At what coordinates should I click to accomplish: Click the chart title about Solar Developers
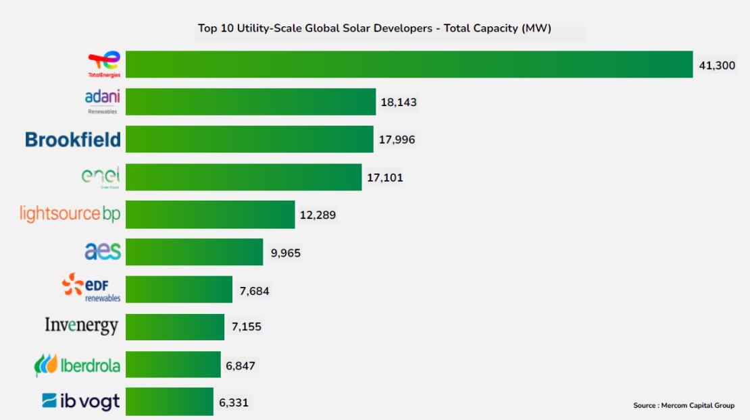375,28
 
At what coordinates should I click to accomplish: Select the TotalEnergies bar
409,64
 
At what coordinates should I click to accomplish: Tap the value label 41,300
717,65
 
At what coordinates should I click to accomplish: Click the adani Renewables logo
103,101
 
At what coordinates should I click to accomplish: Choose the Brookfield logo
73,140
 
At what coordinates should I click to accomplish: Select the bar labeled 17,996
249,139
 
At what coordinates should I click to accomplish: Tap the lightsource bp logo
71,214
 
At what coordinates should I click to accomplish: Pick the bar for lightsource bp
210,215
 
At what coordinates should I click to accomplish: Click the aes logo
103,251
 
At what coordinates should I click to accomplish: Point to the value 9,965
285,253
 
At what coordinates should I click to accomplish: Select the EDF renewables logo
91,289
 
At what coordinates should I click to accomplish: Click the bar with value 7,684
179,290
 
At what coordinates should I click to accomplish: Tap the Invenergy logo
82,326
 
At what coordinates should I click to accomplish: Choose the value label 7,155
246,327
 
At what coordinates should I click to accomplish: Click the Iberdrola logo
77,365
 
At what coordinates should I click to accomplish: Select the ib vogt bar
169,402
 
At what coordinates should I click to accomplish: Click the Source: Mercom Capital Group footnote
683,405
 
